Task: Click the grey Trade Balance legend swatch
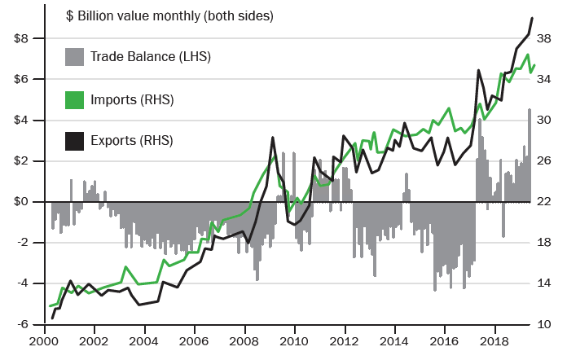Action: (74, 57)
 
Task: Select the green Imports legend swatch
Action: (74, 99)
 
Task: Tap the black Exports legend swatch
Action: (74, 141)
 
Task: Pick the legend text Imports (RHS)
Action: (133, 99)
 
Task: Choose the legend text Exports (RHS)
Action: (132, 141)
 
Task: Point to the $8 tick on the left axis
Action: (23, 38)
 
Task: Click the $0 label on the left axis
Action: (23, 201)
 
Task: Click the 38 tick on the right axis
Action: (544, 38)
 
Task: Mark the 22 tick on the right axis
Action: (544, 201)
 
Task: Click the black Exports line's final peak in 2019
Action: (533, 17)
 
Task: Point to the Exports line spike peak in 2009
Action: (273, 138)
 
